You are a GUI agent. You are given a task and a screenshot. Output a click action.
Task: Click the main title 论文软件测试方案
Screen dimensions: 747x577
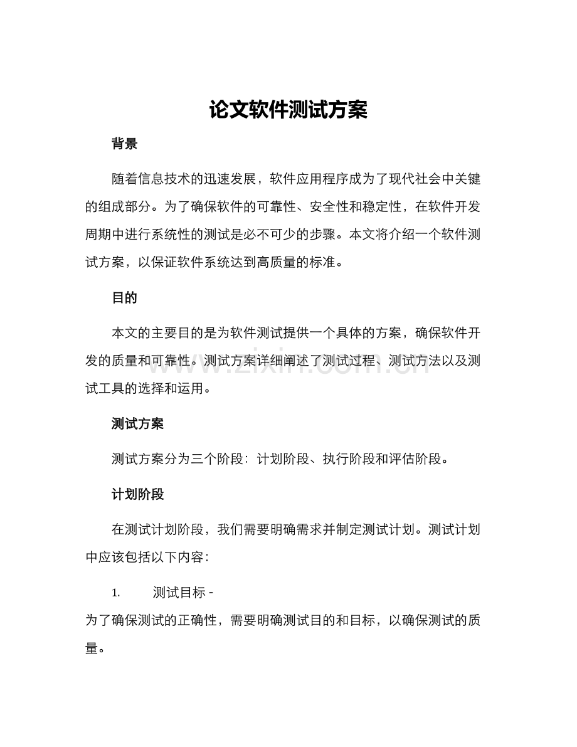288,110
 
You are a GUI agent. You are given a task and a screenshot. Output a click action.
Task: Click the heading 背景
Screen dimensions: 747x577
124,144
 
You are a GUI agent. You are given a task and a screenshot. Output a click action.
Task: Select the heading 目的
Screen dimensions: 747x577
124,298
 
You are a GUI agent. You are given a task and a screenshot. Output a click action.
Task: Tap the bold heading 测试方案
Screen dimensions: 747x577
137,424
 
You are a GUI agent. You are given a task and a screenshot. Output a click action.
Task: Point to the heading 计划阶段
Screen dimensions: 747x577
137,494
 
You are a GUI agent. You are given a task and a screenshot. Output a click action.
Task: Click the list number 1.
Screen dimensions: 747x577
115,593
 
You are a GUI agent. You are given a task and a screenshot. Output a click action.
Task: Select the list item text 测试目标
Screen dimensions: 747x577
179,593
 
